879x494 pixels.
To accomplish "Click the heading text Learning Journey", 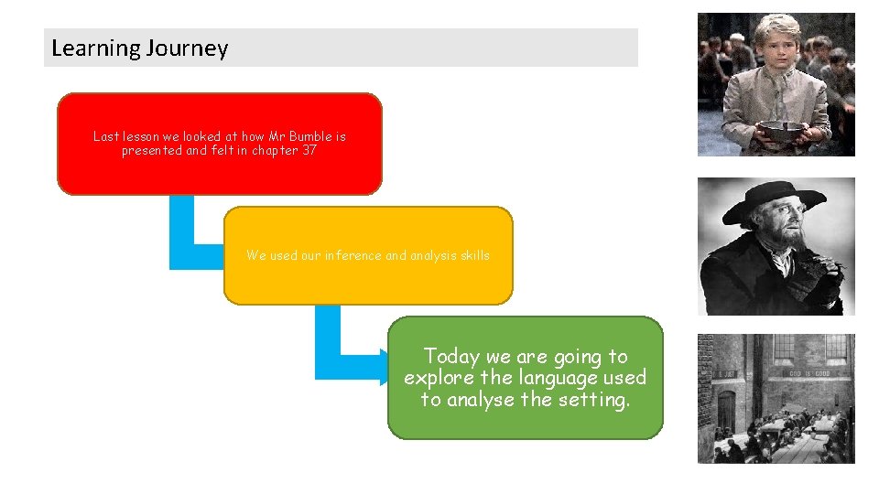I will pos(139,48).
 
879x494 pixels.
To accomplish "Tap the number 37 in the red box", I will pos(309,151).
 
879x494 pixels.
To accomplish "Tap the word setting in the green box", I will pos(597,400).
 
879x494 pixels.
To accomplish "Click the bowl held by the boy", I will pos(781,131).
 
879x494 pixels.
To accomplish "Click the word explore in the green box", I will pos(436,378).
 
